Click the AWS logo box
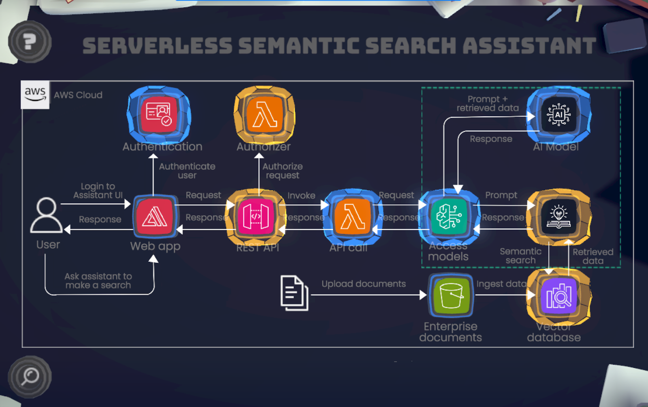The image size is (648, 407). click(x=35, y=95)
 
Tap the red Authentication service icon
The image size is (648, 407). click(x=158, y=114)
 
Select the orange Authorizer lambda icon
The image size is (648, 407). click(x=264, y=114)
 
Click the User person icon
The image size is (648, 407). click(x=47, y=216)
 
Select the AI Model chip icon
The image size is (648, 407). click(x=558, y=114)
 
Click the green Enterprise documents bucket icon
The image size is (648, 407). click(x=451, y=295)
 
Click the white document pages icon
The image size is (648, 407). click(x=294, y=293)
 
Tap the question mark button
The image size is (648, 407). click(x=30, y=41)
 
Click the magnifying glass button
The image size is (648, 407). click(x=30, y=377)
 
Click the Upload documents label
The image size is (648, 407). click(x=363, y=284)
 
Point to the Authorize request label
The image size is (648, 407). click(x=282, y=171)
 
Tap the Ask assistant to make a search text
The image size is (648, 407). click(x=98, y=281)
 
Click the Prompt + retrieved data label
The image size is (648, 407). click(x=488, y=104)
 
